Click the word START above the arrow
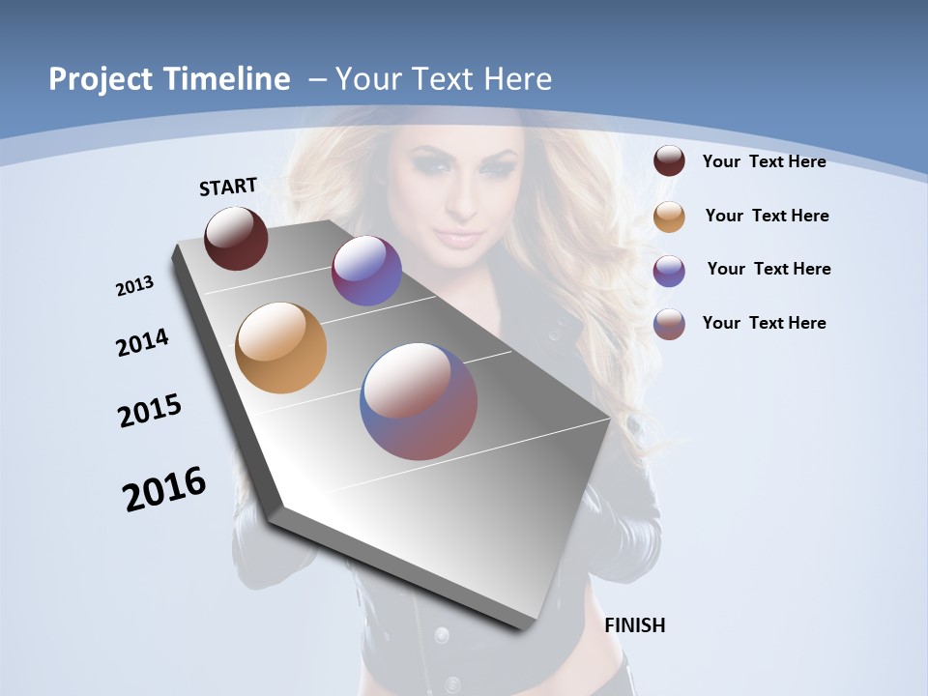[x=228, y=187]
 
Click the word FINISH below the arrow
[x=635, y=625]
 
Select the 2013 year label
[x=135, y=286]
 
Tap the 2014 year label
[x=143, y=342]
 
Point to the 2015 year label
[x=150, y=411]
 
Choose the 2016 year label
[x=164, y=489]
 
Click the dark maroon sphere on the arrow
[x=236, y=238]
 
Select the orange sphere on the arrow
[x=280, y=348]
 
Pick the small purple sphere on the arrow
[x=366, y=271]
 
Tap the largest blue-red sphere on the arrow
[x=419, y=400]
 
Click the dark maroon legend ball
[x=669, y=161]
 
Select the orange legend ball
[x=669, y=217]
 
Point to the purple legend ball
[x=669, y=271]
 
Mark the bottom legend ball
[x=669, y=324]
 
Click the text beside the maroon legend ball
[x=764, y=161]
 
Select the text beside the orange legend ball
[x=767, y=216]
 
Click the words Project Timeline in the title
[x=169, y=79]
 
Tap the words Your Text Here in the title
[x=443, y=79]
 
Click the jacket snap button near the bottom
[x=442, y=635]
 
